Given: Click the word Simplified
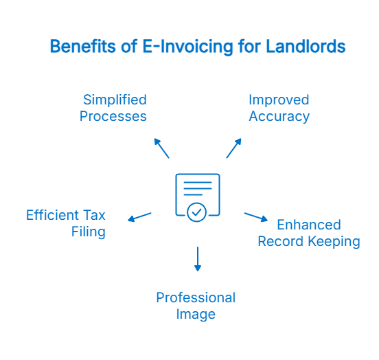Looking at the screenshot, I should pyautogui.click(x=115, y=100).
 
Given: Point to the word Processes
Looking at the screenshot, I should pyautogui.click(x=113, y=116).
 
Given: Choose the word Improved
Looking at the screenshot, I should pyautogui.click(x=279, y=100).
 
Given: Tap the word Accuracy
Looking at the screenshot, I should pyautogui.click(x=279, y=116).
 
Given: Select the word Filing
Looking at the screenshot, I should pyautogui.click(x=89, y=232).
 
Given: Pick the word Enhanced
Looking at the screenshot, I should pyautogui.click(x=308, y=225).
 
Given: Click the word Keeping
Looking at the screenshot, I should pyautogui.click(x=334, y=241).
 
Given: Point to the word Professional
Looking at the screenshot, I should pyautogui.click(x=196, y=297).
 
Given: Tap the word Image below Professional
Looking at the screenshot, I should pyautogui.click(x=196, y=314).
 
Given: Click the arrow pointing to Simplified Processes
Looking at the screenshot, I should pyautogui.click(x=161, y=148).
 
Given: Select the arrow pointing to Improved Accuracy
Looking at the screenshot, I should pyautogui.click(x=234, y=148).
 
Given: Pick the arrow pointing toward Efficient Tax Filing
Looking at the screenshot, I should pyautogui.click(x=139, y=217).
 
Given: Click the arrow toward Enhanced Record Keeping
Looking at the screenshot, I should pyautogui.click(x=255, y=217).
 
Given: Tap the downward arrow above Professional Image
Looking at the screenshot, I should pyautogui.click(x=198, y=258).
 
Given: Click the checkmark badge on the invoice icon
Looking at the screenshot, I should pyautogui.click(x=197, y=212).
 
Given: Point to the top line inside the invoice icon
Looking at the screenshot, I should pyautogui.click(x=198, y=183).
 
